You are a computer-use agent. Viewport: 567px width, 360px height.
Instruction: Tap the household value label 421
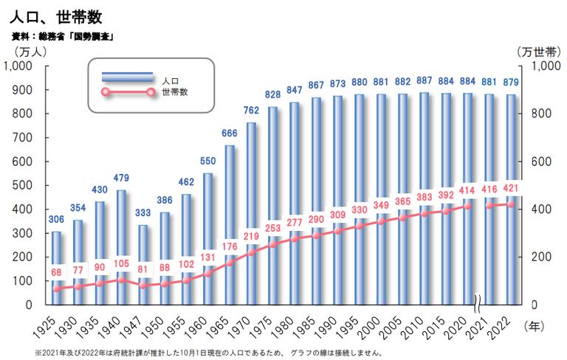[x=510, y=188]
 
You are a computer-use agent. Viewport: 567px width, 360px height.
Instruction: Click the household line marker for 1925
[x=57, y=288]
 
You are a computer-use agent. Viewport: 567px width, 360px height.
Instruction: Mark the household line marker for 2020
[x=467, y=206]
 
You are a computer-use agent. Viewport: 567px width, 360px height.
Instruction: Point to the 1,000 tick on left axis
[x=17, y=66]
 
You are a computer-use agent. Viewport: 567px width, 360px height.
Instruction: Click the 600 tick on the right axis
[x=544, y=161]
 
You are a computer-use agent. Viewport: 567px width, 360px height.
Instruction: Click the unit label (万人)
[x=29, y=51]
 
